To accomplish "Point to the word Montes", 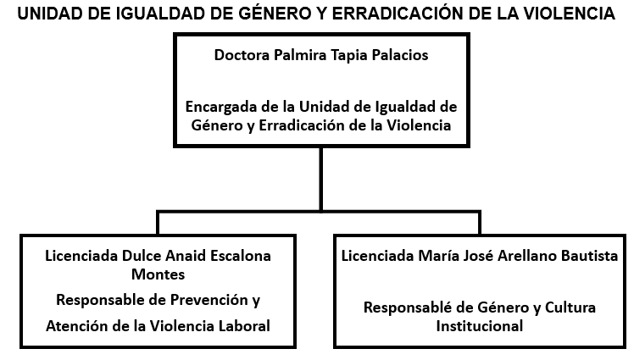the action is [158, 274].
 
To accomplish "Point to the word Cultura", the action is [570, 307].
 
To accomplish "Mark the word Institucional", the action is [480, 326].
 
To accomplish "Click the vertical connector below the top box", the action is [321, 179].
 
